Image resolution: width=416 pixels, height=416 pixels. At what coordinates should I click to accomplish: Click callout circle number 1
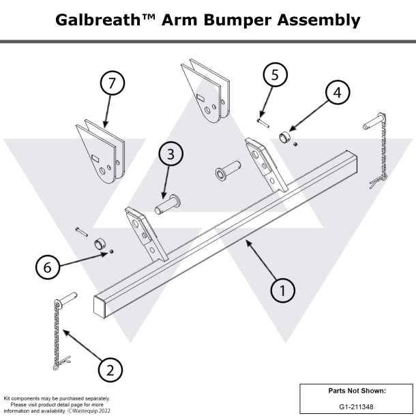[283, 290]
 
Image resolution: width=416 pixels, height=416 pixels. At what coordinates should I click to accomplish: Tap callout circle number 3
[170, 155]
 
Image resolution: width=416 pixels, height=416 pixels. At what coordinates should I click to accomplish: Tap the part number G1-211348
[355, 406]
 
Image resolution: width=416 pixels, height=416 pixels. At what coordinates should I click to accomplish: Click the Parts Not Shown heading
[355, 391]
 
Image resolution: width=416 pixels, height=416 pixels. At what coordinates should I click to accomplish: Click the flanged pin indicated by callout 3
[167, 203]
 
